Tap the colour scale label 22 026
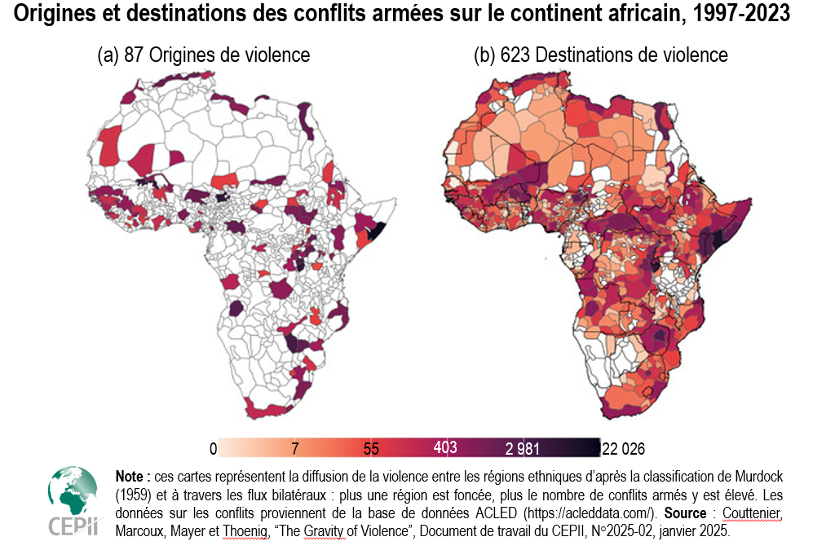point(622,449)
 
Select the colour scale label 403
point(445,447)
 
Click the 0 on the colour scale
point(213,449)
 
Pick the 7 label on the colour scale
point(295,448)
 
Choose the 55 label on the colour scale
point(371,448)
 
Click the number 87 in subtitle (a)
point(134,55)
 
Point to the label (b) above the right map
point(484,55)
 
